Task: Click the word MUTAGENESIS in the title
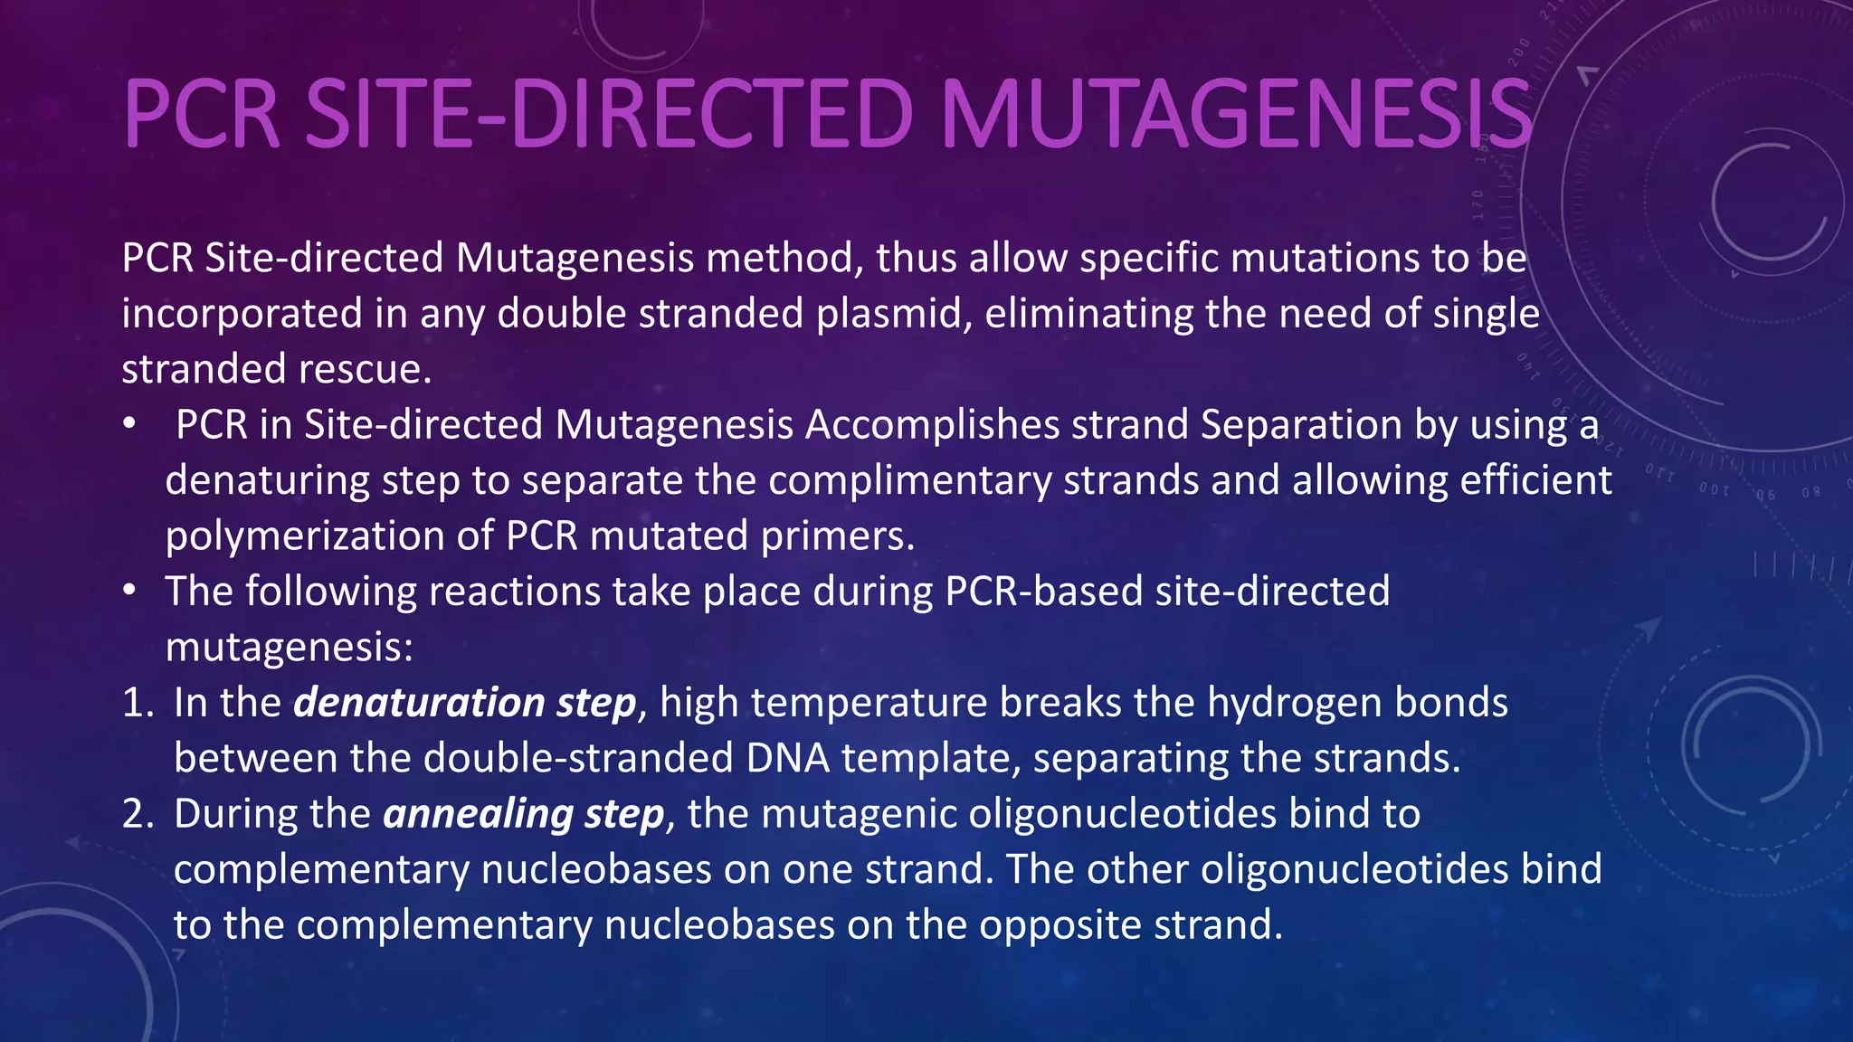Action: [x=1236, y=115]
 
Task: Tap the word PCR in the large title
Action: [x=201, y=115]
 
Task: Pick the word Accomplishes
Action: [x=932, y=425]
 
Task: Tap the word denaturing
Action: [x=267, y=480]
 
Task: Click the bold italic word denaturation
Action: [x=419, y=703]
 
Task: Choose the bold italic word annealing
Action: [x=478, y=814]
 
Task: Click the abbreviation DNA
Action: [x=788, y=758]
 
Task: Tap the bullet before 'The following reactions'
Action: [x=130, y=592]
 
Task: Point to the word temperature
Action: [x=868, y=703]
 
